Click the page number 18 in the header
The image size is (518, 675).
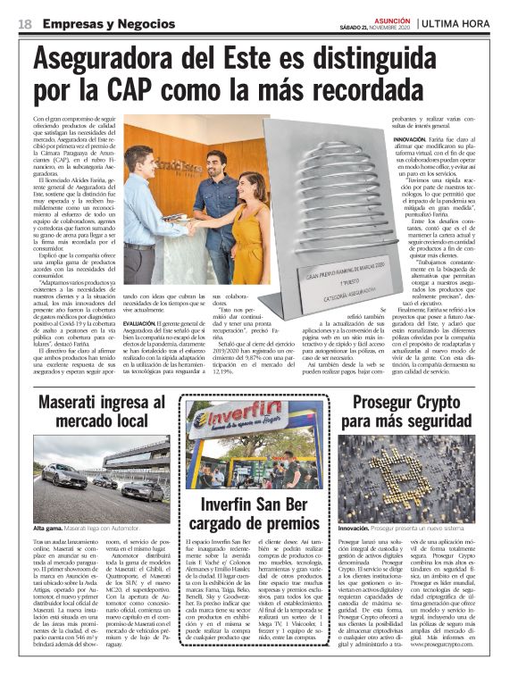(x=24, y=23)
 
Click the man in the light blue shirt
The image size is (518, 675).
(x=143, y=205)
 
